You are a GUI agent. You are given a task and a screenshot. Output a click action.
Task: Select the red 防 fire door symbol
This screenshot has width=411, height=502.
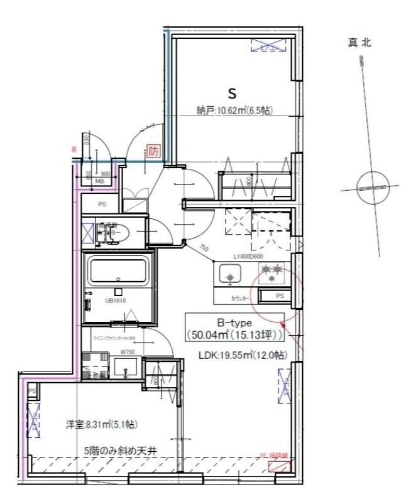[x=153, y=152]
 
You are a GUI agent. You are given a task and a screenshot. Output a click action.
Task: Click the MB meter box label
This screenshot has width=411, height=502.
[x=99, y=182]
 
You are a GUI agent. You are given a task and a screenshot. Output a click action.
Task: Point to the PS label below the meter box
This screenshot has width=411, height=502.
[x=102, y=204]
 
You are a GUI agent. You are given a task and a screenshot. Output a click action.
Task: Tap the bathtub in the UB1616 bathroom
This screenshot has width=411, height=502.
[x=118, y=270]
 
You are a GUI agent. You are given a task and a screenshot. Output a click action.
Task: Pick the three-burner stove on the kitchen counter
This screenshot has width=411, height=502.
[x=273, y=272]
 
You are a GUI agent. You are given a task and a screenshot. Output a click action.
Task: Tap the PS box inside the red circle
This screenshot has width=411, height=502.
[x=280, y=296]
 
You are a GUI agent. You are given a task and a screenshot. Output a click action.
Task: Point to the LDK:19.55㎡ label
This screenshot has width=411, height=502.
[x=243, y=355]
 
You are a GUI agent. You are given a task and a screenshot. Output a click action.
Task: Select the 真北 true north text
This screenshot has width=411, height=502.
[x=359, y=43]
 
